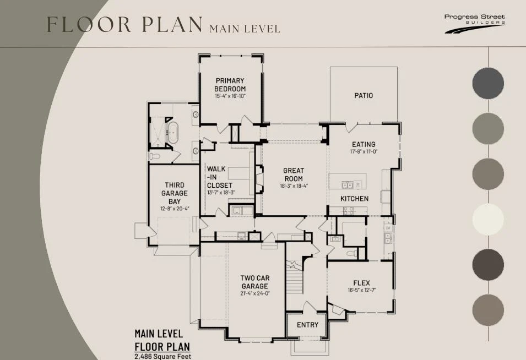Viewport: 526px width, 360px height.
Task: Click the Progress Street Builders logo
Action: point(475,24)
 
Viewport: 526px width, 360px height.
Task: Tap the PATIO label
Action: point(364,96)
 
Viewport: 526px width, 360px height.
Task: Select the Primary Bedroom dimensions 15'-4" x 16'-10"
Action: point(230,96)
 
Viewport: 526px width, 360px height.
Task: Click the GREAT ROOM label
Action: point(294,174)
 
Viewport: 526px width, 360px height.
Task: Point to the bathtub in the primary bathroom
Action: point(173,133)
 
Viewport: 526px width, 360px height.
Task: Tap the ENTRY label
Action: point(308,325)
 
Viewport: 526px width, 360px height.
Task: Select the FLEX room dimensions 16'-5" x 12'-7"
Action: point(361,290)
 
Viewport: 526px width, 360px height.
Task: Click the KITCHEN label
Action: point(354,199)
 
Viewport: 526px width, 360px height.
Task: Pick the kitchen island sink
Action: point(347,185)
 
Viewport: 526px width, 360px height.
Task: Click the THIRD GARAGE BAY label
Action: point(175,193)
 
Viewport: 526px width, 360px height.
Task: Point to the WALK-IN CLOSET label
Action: point(219,177)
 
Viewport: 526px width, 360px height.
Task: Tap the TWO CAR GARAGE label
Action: point(255,282)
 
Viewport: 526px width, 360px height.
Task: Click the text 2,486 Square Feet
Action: point(162,356)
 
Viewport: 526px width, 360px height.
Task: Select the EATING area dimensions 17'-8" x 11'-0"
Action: point(364,151)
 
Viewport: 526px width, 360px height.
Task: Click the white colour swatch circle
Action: point(488,219)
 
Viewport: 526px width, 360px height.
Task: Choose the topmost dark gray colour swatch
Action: point(488,83)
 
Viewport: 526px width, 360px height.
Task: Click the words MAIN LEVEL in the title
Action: point(245,29)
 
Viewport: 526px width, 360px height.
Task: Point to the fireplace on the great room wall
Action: point(259,179)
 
